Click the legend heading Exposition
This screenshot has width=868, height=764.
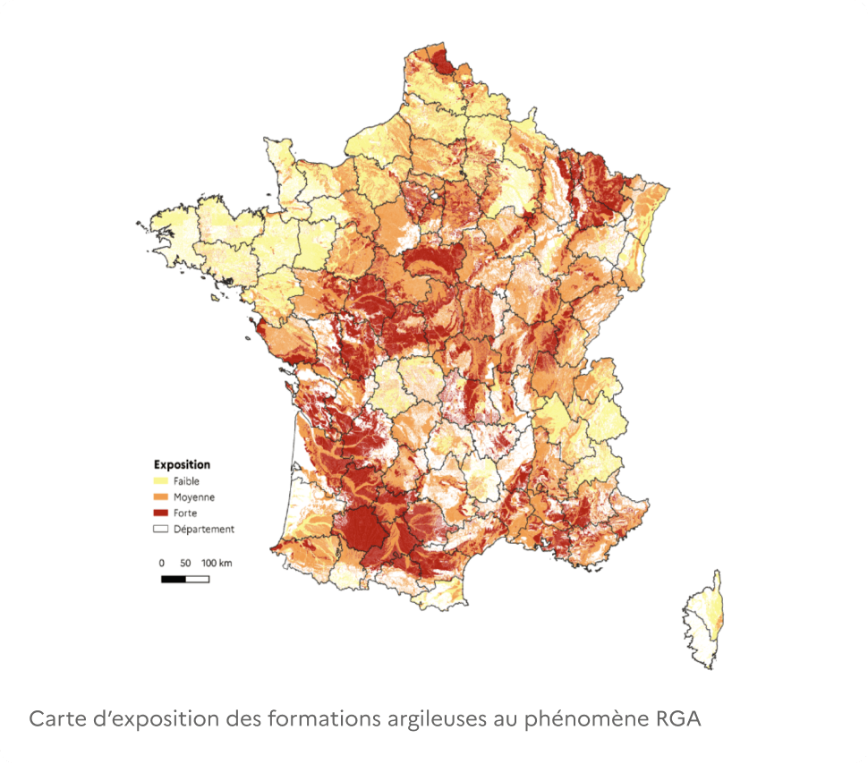pyautogui.click(x=182, y=464)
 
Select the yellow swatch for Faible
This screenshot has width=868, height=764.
pyautogui.click(x=161, y=481)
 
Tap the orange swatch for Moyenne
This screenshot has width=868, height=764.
pyautogui.click(x=161, y=497)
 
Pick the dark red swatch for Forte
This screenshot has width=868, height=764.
pyautogui.click(x=161, y=514)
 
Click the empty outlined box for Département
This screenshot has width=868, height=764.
pyautogui.click(x=161, y=530)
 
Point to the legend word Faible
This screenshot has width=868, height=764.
pyautogui.click(x=186, y=481)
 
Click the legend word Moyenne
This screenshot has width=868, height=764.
pyautogui.click(x=194, y=497)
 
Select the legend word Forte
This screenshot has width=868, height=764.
pyautogui.click(x=185, y=514)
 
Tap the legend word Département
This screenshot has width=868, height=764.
pyautogui.click(x=204, y=530)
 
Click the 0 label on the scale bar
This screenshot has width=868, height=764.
pyautogui.click(x=161, y=564)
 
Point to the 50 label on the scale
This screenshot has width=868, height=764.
pyautogui.click(x=185, y=564)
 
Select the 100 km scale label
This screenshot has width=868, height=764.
pyautogui.click(x=217, y=564)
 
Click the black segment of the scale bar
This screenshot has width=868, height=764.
pyautogui.click(x=173, y=580)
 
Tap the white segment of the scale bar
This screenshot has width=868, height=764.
pyautogui.click(x=197, y=580)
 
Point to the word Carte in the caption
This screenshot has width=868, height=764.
pyautogui.click(x=55, y=718)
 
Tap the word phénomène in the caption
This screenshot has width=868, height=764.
pyautogui.click(x=574, y=718)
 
